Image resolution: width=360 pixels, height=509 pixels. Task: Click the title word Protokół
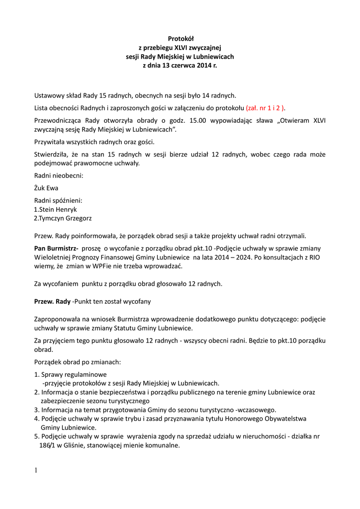click(180, 38)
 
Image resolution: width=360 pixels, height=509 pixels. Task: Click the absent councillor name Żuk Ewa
click(46, 188)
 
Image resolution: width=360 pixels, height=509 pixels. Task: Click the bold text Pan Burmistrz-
click(56, 248)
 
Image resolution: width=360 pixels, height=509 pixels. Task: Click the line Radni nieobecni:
click(59, 175)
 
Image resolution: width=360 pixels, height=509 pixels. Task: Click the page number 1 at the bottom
click(36, 470)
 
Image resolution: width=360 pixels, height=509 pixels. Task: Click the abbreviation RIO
click(315, 257)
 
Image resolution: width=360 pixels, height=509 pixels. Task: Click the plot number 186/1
click(48, 446)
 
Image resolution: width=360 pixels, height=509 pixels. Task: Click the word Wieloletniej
click(54, 257)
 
